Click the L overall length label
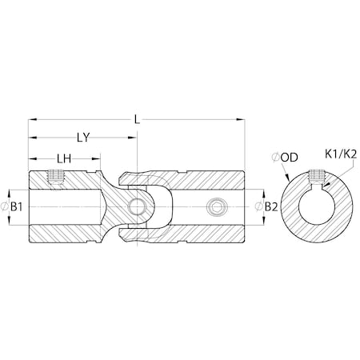(138, 118)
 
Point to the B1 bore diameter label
(20, 206)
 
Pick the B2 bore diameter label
(270, 206)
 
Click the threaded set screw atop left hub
(56, 177)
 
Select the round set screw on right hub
(215, 208)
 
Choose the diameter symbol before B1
(8, 206)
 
